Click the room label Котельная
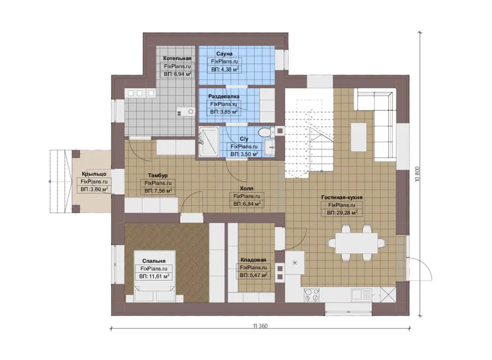(177, 58)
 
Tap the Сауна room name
(224, 54)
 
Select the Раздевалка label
(224, 96)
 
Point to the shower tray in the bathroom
(208, 141)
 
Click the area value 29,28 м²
(342, 213)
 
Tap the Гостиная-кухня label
(342, 197)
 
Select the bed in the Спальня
(155, 276)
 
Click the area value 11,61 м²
(154, 276)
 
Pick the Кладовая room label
(253, 259)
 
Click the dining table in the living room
(356, 243)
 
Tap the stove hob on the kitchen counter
(312, 295)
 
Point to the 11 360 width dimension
(260, 326)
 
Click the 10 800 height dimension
(417, 174)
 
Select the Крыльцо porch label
(94, 174)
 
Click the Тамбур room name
(158, 175)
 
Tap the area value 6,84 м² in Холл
(247, 204)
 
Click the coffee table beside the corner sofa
(359, 137)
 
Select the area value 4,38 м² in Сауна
(225, 69)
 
